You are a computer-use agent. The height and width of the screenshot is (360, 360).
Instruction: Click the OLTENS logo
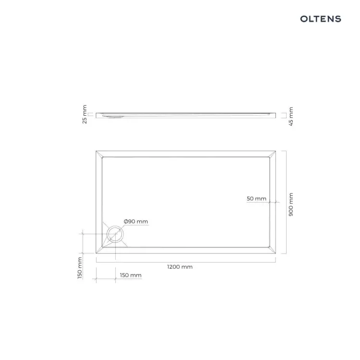[x=321, y=19]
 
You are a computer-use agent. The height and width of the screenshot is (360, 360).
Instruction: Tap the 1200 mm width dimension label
[x=180, y=267]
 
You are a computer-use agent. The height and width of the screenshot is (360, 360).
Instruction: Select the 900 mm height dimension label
[x=291, y=204]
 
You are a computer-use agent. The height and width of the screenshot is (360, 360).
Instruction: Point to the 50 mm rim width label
[x=256, y=199]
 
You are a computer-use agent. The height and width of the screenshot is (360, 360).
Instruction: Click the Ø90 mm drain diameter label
[x=136, y=221]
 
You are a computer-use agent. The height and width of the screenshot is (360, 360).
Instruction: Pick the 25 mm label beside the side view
[x=84, y=114]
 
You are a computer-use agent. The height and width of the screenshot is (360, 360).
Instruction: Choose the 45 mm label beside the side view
[x=291, y=117]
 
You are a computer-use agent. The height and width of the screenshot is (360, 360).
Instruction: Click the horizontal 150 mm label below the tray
[x=131, y=275]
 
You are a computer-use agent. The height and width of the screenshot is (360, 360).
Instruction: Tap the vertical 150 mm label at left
[x=79, y=268]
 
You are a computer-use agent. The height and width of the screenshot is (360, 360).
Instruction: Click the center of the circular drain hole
[x=115, y=234]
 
